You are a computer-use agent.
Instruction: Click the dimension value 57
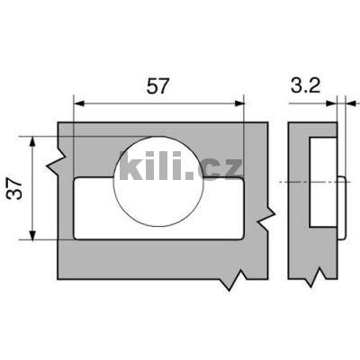click(158, 87)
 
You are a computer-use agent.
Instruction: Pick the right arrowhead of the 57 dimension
click(238, 103)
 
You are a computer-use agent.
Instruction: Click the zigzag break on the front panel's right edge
click(265, 218)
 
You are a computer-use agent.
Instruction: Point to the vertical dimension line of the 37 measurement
click(34, 188)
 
